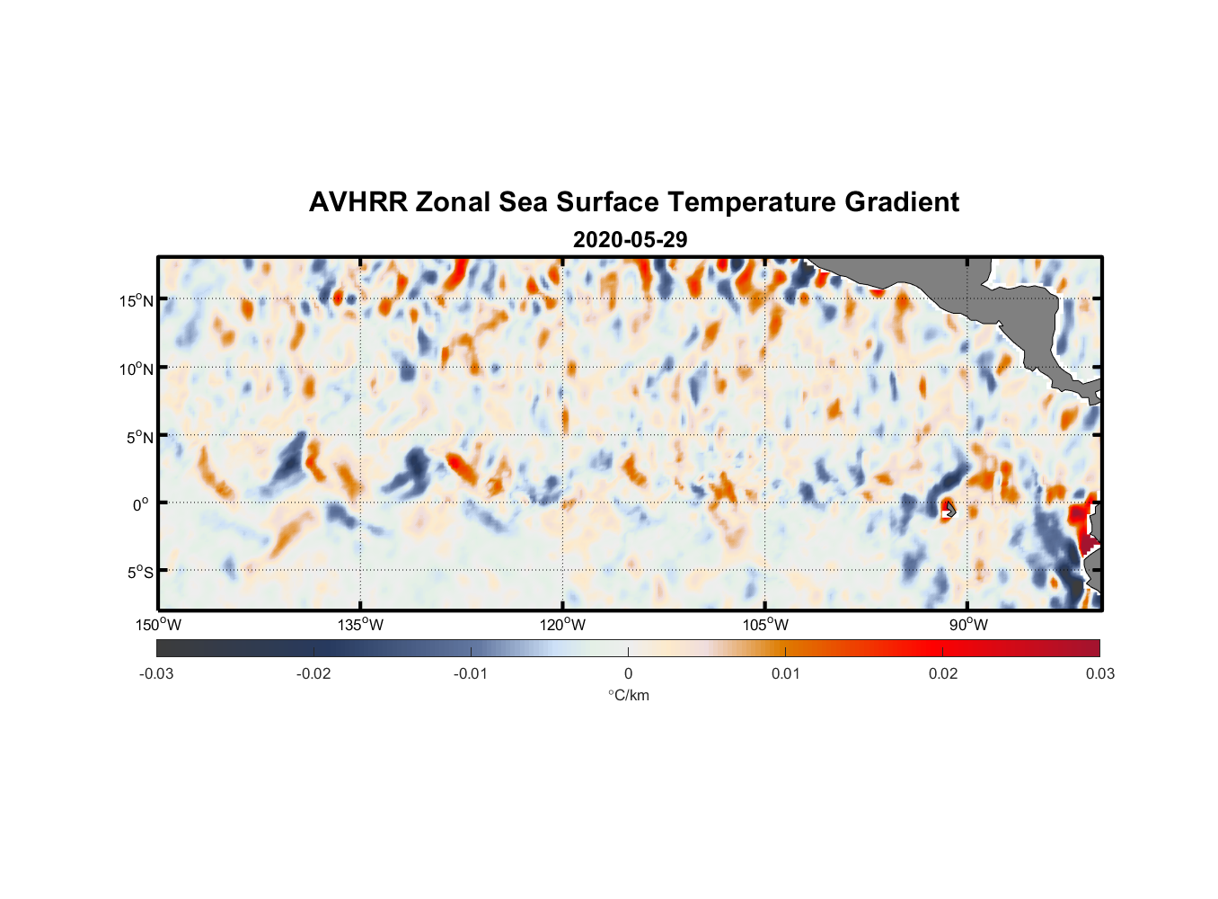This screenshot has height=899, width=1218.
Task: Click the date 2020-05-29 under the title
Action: click(x=630, y=240)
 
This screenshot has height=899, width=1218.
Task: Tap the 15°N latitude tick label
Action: click(x=137, y=300)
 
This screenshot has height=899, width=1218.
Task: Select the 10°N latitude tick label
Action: click(x=137, y=369)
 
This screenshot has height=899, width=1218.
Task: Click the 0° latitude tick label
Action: click(x=141, y=505)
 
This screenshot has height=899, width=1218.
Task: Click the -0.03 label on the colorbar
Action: click(x=156, y=674)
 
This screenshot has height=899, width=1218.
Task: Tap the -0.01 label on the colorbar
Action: click(x=470, y=674)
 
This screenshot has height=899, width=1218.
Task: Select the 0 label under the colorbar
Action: click(x=628, y=674)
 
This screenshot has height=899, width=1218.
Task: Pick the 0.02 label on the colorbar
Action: click(x=943, y=674)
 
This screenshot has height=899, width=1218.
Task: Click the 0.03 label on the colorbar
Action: click(x=1099, y=674)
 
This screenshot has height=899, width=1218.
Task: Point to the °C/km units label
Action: click(x=629, y=695)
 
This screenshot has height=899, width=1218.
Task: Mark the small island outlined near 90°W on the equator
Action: click(x=949, y=510)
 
